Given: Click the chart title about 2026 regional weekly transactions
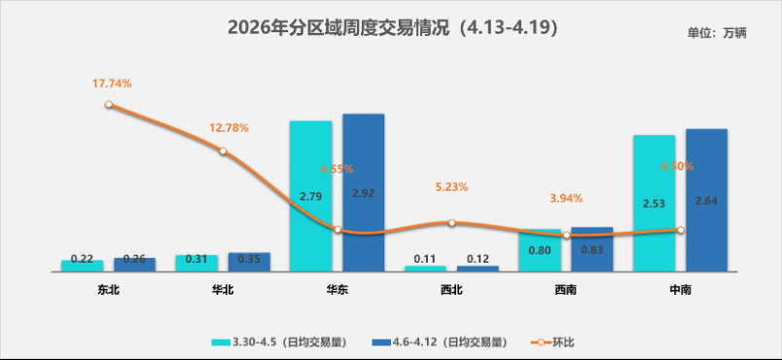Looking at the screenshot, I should pyautogui.click(x=391, y=27).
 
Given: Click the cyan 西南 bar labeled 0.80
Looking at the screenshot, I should pyautogui.click(x=540, y=250).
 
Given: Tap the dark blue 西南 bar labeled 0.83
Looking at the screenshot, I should pyautogui.click(x=591, y=249).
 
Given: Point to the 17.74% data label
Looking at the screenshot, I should pyautogui.click(x=112, y=84).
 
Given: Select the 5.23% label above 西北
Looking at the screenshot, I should pyautogui.click(x=452, y=186).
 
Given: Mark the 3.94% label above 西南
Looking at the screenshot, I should pyautogui.click(x=566, y=198).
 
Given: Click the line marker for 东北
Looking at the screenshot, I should pyautogui.click(x=109, y=104).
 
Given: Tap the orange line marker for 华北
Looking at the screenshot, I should pyautogui.click(x=223, y=151).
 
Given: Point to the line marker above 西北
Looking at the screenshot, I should pyautogui.click(x=452, y=223).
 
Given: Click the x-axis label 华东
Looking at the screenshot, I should pyautogui.click(x=337, y=289).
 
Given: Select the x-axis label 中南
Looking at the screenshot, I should pyautogui.click(x=680, y=289).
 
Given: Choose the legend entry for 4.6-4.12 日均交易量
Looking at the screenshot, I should pyautogui.click(x=439, y=342).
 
